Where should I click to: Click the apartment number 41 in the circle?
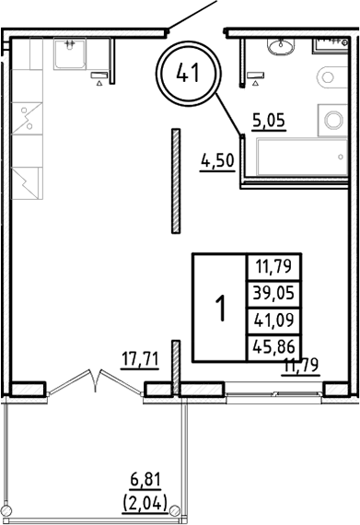[188, 73]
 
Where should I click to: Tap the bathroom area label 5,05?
[269, 120]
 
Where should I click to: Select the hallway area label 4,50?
[217, 161]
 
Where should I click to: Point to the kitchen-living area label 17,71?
[140, 359]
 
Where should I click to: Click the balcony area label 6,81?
[145, 480]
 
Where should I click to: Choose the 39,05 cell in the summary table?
[274, 294]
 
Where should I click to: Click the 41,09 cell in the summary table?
[274, 321]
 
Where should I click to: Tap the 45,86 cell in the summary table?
[274, 346]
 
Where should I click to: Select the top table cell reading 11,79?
[274, 267]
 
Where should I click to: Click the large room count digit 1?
[220, 308]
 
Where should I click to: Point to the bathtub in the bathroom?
[302, 157]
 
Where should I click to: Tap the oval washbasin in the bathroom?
[281, 47]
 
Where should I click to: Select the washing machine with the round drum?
[333, 120]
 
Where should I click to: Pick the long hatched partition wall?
[176, 181]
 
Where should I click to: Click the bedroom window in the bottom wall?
[273, 393]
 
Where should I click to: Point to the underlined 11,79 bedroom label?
[300, 366]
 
